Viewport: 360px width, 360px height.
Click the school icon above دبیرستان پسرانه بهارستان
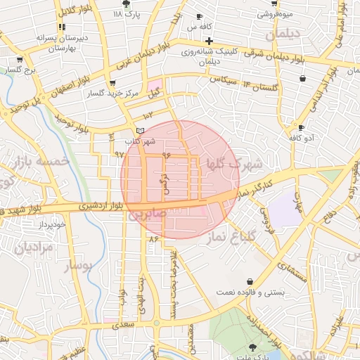[62, 27]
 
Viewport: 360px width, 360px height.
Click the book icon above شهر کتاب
[140, 131]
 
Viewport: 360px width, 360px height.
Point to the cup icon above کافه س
[199, 16]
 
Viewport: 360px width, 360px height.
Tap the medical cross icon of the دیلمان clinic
[209, 41]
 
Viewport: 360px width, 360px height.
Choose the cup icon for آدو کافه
[301, 128]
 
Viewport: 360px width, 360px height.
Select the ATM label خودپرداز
[51, 224]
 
